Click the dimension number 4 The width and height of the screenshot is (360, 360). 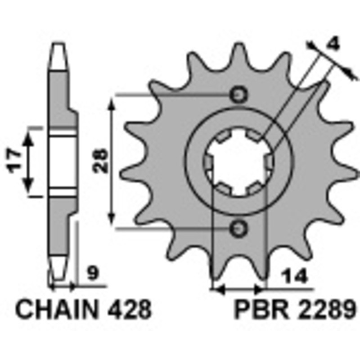pos(333,44)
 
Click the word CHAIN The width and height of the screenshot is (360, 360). pos(57,310)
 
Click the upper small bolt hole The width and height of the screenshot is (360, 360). pos(238,95)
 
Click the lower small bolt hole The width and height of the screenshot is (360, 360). pos(238,229)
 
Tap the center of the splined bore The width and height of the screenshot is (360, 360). pos(238,162)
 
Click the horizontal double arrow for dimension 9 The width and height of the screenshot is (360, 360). pos(62,286)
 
